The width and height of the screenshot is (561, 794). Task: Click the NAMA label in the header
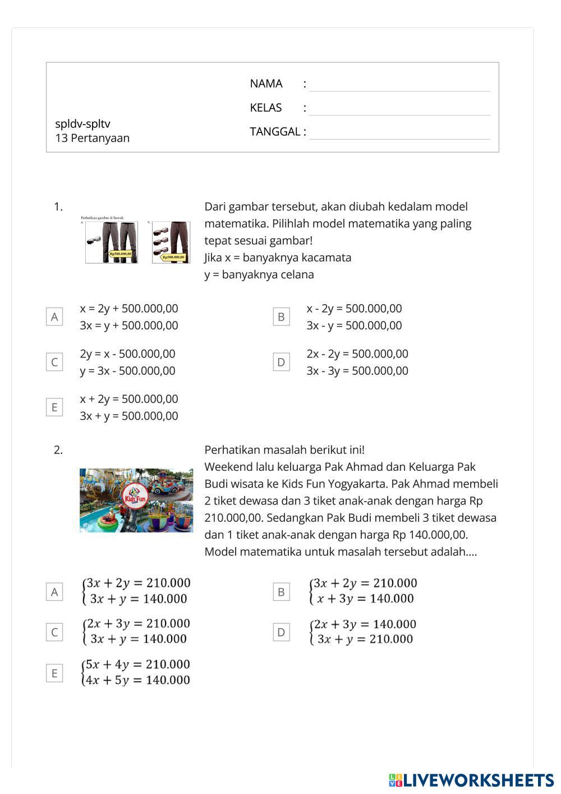coord(266,84)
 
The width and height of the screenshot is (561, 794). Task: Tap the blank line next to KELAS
coord(399,109)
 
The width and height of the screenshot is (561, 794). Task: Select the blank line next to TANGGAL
coord(399,134)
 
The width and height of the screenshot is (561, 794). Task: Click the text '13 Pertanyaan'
coord(92,138)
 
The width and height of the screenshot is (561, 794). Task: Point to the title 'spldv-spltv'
coord(82,123)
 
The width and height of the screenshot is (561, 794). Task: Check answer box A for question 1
coord(54,316)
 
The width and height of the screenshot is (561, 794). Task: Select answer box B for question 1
coord(281,316)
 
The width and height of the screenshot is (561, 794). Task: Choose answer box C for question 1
coord(54,362)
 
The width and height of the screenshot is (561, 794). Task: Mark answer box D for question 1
coord(281,362)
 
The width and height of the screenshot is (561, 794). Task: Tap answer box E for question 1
coord(54,407)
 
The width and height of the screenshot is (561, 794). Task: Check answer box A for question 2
coord(54,591)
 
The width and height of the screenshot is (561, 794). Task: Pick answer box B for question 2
coord(281,591)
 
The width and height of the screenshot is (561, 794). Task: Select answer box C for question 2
coord(54,632)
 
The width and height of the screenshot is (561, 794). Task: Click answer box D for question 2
coord(281,632)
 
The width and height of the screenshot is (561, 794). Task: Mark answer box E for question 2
coord(54,673)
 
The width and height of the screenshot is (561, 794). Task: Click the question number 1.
coord(58,207)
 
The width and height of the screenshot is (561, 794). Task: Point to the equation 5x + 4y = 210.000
coord(137,664)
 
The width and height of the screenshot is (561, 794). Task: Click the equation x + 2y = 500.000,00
coord(129,399)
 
